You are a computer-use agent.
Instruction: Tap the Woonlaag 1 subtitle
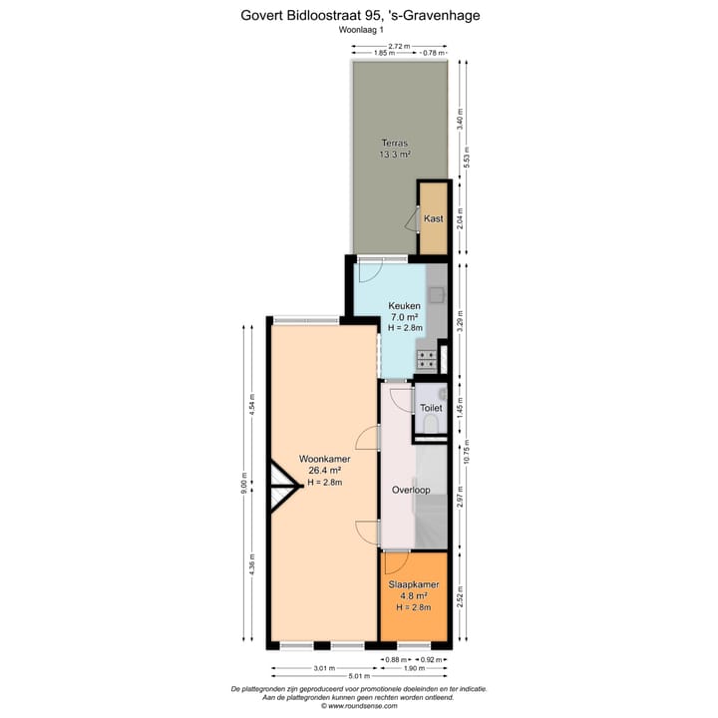360,30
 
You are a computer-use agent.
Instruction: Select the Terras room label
395,144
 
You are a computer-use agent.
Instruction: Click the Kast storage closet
433,218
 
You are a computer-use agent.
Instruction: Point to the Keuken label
405,306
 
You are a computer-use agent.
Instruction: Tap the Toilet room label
431,408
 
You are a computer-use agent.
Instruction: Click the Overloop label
410,491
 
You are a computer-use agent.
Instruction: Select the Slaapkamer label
413,585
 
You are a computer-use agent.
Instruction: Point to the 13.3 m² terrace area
395,155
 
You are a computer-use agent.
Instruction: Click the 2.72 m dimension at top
399,46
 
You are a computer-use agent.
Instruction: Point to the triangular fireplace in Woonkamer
283,487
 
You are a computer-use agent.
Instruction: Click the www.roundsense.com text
360,706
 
